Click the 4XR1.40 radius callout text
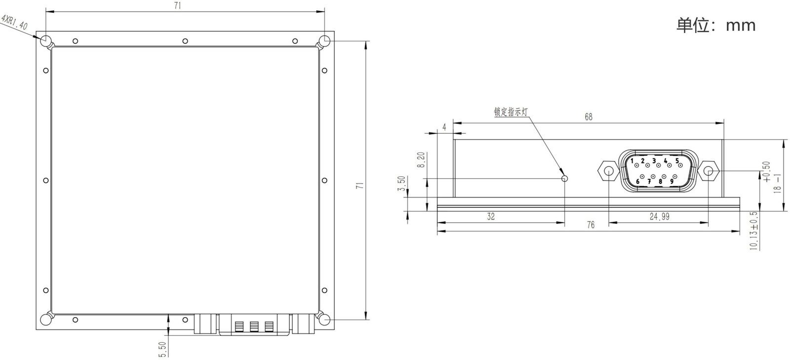pyautogui.click(x=15, y=22)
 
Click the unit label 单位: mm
pyautogui.click(x=716, y=25)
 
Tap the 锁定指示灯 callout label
pyautogui.click(x=511, y=112)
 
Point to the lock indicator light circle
pyautogui.click(x=565, y=178)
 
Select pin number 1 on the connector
pyautogui.click(x=632, y=161)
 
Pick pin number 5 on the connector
pyautogui.click(x=677, y=161)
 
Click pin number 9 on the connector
pyautogui.click(x=671, y=181)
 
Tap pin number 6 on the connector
pyautogui.click(x=637, y=181)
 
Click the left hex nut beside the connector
pyautogui.click(x=609, y=171)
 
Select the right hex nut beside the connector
pyautogui.click(x=708, y=171)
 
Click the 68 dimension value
pyautogui.click(x=589, y=117)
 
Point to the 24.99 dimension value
pyautogui.click(x=660, y=216)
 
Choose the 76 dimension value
pyautogui.click(x=591, y=225)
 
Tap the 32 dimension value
pyautogui.click(x=491, y=216)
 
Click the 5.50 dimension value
pyautogui.click(x=162, y=350)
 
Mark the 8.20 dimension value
pyautogui.click(x=421, y=160)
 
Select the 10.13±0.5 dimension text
pyautogui.click(x=753, y=231)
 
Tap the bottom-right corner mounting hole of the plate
pyautogui.click(x=324, y=320)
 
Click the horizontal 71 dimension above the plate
pyautogui.click(x=178, y=5)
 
